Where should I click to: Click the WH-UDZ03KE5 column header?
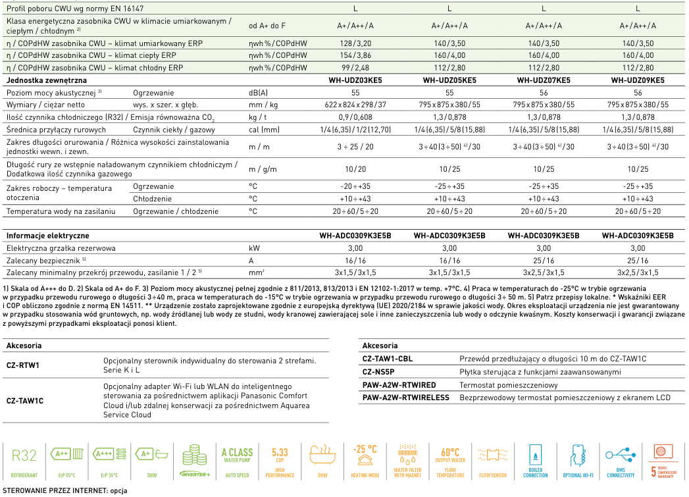[x=355, y=80]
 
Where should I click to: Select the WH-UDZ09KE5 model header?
[x=638, y=80]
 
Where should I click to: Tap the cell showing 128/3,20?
[x=355, y=43]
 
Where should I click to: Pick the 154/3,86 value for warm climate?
[x=355, y=55]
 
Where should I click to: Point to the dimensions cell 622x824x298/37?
[x=355, y=105]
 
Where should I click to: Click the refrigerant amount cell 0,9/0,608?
[x=355, y=117]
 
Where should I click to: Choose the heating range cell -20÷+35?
[x=355, y=186]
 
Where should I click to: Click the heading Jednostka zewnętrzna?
[x=46, y=80]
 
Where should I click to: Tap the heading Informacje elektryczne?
[x=47, y=235]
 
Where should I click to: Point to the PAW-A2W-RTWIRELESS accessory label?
[x=405, y=398]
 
